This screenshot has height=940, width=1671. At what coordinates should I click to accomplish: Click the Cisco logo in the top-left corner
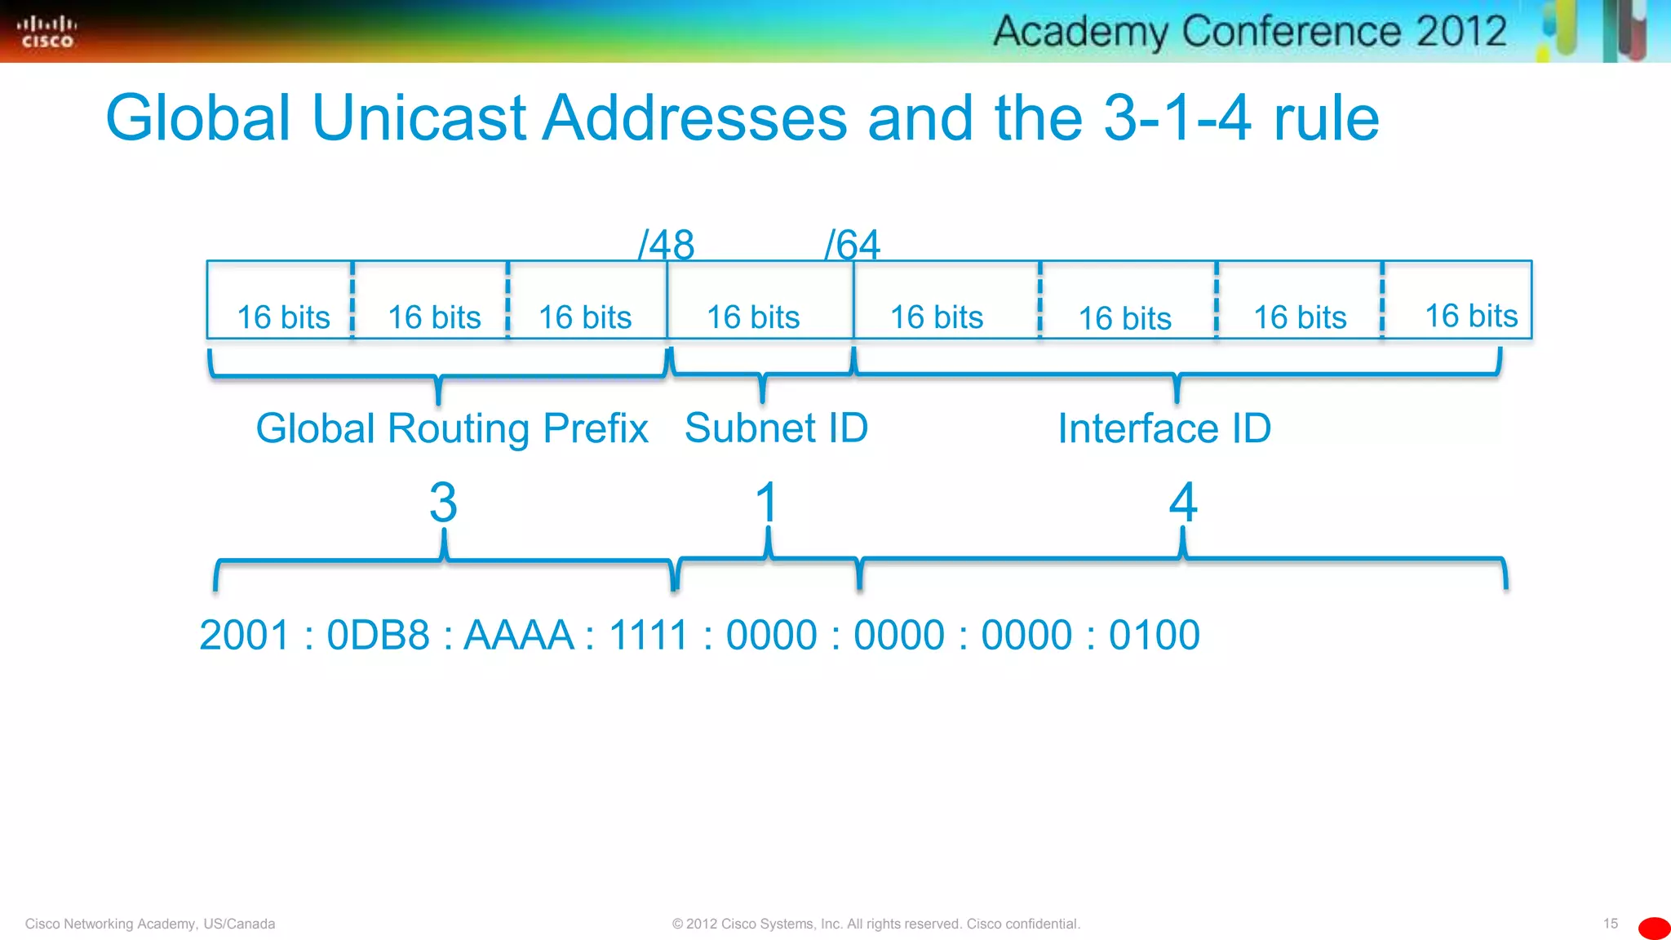point(47,32)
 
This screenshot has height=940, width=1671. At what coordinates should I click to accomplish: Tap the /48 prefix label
point(667,244)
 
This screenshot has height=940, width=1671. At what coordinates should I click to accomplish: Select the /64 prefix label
point(853,244)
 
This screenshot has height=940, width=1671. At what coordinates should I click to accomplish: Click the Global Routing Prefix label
point(452,428)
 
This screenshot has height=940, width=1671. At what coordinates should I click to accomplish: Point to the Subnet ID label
point(776,428)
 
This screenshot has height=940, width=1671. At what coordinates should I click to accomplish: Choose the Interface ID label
point(1164,428)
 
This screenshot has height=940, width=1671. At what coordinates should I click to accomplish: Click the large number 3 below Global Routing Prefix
point(443,502)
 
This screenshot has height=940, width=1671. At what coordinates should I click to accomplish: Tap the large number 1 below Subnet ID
point(766,502)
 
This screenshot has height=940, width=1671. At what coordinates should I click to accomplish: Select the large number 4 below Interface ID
point(1183,502)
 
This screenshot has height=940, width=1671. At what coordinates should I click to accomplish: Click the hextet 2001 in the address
point(245,635)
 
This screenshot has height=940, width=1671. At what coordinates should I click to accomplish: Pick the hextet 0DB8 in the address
point(378,635)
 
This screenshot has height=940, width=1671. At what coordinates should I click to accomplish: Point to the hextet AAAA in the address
point(519,635)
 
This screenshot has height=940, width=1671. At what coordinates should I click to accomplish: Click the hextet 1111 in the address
point(649,635)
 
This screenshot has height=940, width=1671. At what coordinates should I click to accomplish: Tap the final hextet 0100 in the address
point(1154,635)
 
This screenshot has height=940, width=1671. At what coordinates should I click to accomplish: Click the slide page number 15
point(1610,924)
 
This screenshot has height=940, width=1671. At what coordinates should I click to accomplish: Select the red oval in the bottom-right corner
point(1654,929)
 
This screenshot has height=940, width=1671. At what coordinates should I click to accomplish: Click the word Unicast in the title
point(419,118)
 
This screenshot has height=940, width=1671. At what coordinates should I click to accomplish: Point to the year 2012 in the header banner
point(1460,32)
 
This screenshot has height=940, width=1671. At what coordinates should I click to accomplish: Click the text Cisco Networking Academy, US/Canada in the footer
point(150,924)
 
